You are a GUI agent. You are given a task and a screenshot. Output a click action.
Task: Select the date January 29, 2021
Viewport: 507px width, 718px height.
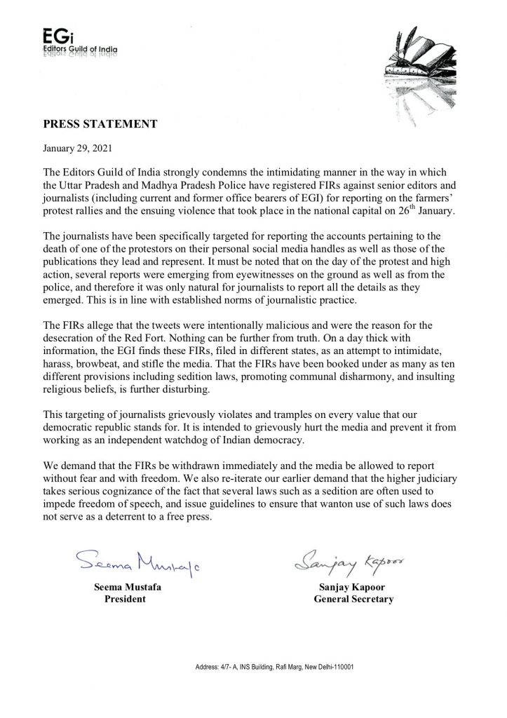pos(77,149)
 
